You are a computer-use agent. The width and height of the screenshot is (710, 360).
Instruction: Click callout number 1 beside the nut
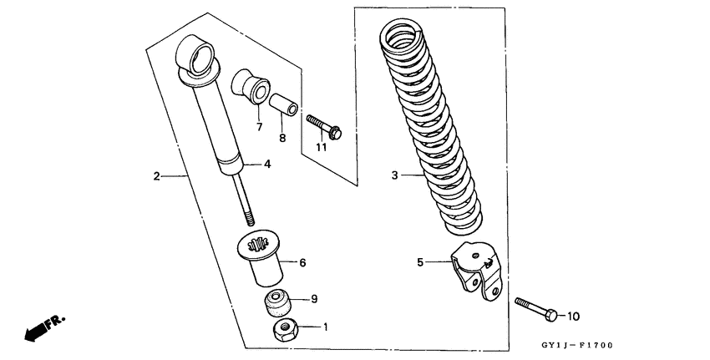click(x=326, y=327)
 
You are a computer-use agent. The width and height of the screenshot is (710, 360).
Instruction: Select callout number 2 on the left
click(x=156, y=176)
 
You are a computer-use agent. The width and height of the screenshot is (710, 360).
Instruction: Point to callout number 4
click(x=267, y=165)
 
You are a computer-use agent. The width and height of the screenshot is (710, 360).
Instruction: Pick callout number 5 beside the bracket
click(x=421, y=262)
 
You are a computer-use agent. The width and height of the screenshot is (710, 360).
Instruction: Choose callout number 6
click(x=302, y=263)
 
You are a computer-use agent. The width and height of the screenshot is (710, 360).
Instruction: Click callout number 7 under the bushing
click(x=259, y=127)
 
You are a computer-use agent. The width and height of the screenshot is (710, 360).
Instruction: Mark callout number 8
click(x=282, y=138)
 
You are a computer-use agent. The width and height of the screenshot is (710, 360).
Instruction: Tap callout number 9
click(x=314, y=298)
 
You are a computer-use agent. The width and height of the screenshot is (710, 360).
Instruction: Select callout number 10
click(x=573, y=317)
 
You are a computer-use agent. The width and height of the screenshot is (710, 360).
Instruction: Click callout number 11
click(x=320, y=148)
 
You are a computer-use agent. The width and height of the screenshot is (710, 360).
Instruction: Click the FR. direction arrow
click(x=43, y=327)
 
